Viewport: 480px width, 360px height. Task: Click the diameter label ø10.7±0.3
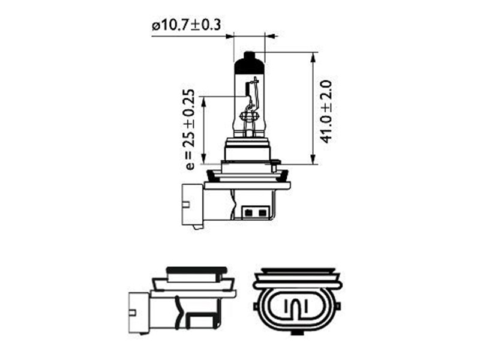click(186, 25)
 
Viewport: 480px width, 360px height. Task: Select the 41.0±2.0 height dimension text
click(326, 112)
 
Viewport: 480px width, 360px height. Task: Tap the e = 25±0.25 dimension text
click(190, 130)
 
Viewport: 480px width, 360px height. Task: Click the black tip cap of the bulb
click(249, 63)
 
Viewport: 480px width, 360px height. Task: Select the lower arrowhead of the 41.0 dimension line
click(313, 159)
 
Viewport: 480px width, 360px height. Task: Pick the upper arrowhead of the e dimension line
click(203, 101)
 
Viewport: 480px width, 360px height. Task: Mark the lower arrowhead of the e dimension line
click(203, 159)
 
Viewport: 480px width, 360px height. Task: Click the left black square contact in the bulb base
click(249, 212)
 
